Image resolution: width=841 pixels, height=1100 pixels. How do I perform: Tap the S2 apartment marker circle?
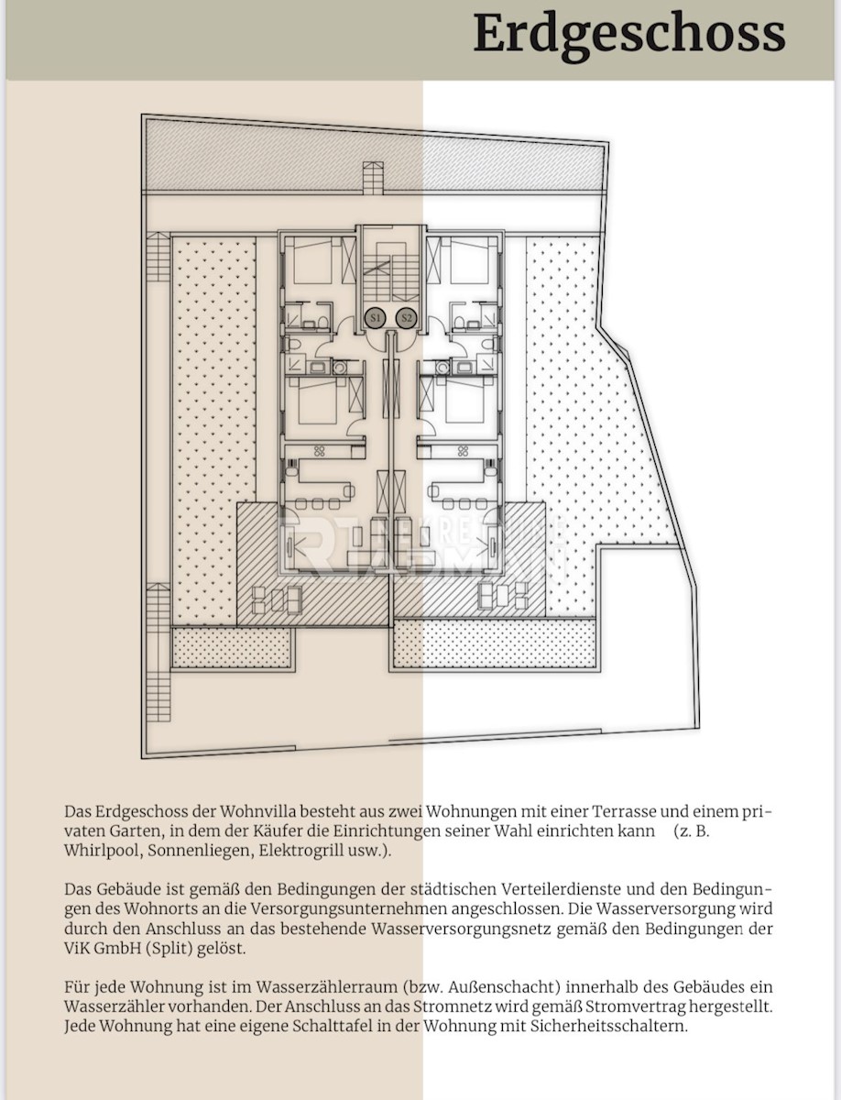(406, 318)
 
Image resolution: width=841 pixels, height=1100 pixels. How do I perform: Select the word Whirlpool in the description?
(102, 851)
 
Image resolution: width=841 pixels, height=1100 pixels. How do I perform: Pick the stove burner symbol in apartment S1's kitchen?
(319, 451)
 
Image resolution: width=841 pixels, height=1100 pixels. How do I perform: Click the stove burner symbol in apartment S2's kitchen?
(463, 451)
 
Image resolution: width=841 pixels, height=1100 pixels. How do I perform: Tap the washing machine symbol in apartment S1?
(340, 368)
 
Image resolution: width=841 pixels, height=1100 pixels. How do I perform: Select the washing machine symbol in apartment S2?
(442, 368)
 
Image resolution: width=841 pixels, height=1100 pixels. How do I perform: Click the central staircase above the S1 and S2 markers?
(390, 277)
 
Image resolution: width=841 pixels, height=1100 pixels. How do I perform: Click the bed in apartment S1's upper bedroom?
(314, 260)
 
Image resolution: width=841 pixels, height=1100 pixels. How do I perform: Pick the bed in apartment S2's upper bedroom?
(468, 260)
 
